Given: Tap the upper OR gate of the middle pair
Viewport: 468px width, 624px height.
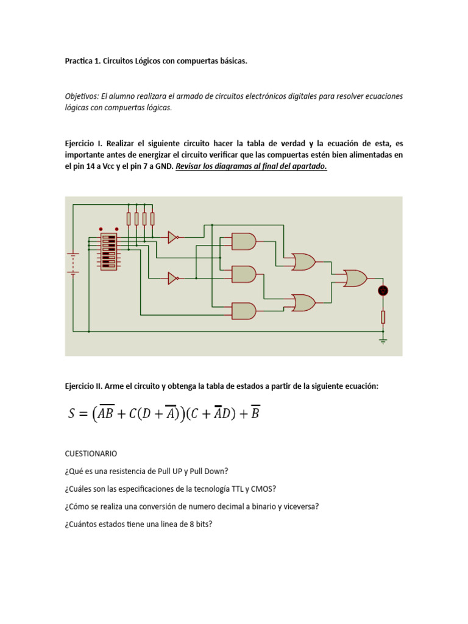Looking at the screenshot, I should pos(303,262).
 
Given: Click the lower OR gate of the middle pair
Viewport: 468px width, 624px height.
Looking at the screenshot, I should pos(303,302).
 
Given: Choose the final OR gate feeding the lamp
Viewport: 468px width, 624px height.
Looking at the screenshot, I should pos(355,278).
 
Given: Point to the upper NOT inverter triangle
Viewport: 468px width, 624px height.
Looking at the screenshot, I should pos(172,237).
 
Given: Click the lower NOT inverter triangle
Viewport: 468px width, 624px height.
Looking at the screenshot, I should pos(172,278).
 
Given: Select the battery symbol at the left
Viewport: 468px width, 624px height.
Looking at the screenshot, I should pos(73,263).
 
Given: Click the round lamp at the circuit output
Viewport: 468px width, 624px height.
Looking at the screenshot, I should pos(383,291).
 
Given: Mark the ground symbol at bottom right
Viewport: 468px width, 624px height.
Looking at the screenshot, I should pos(383,340).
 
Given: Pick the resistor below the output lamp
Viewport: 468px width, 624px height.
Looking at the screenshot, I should pos(383,317).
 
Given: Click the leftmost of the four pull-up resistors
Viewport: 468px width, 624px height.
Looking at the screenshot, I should pos(129,219).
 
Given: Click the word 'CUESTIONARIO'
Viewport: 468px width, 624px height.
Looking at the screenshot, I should pos(91,454).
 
